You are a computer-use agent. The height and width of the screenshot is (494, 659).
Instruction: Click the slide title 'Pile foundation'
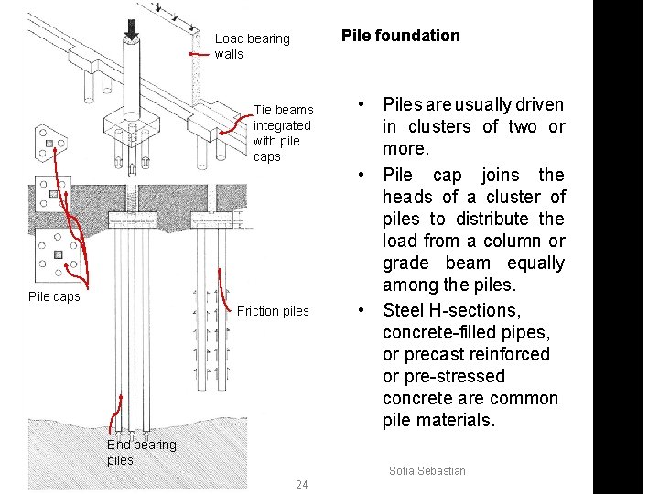tap(400, 36)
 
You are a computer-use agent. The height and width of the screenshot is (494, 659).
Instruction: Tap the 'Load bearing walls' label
tap(252, 46)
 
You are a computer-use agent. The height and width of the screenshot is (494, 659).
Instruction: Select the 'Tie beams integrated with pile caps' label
tap(283, 133)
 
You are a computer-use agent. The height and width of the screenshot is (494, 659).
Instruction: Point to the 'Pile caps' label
tap(54, 296)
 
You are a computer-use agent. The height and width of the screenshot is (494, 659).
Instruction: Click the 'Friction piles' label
tap(273, 311)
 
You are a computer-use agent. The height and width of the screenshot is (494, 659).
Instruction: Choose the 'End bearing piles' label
tap(141, 452)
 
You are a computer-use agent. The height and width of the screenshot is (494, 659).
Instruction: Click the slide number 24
tap(302, 484)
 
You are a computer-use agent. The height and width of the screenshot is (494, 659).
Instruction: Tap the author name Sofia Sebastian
tap(427, 470)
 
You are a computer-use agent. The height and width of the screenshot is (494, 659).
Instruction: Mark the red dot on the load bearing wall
tap(191, 55)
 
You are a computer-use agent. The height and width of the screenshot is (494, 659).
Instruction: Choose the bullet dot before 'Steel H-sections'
tap(363, 310)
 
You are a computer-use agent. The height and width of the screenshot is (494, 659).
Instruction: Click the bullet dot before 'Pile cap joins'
tap(363, 175)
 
